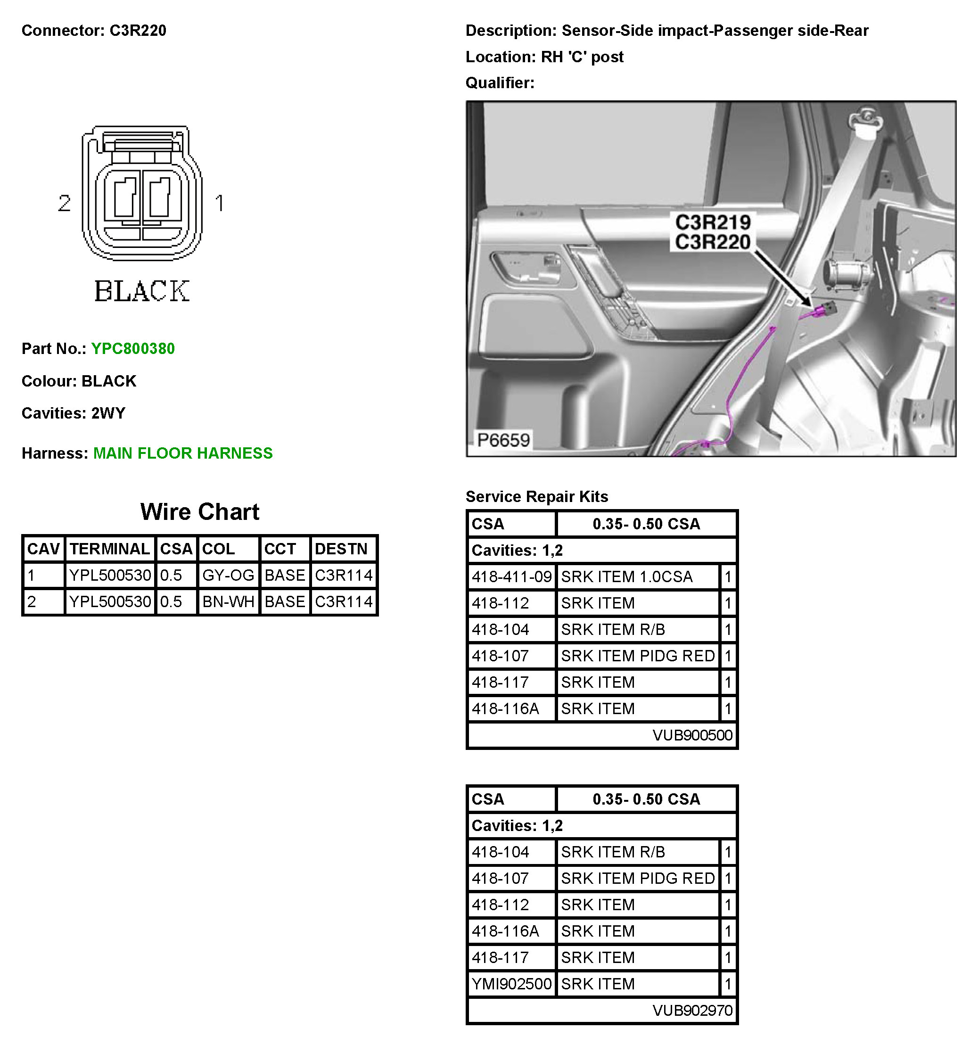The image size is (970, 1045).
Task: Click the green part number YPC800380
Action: (x=133, y=348)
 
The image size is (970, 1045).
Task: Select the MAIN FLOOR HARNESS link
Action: (x=183, y=453)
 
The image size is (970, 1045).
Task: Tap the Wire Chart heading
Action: (x=199, y=512)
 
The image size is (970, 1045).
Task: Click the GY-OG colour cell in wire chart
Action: (x=228, y=575)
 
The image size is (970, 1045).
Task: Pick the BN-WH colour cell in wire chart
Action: (x=228, y=601)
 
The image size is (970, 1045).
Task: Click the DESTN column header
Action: (x=341, y=549)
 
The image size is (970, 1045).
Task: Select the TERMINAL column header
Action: (x=110, y=549)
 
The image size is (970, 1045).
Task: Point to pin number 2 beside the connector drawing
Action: (x=65, y=203)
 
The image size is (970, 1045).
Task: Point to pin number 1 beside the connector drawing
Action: (x=220, y=203)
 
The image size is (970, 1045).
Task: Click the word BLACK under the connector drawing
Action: (x=142, y=291)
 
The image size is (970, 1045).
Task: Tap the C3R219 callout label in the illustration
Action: (x=712, y=222)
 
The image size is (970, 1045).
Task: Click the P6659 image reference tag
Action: (x=503, y=440)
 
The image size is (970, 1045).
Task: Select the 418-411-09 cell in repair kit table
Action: (x=511, y=577)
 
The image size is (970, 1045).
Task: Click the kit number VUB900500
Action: (x=692, y=735)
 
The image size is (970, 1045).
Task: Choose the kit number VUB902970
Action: (x=692, y=1011)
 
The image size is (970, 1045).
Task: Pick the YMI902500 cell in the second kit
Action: (x=511, y=984)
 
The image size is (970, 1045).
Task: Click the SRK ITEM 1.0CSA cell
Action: (x=627, y=577)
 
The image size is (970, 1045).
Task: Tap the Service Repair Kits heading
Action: (x=536, y=496)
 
